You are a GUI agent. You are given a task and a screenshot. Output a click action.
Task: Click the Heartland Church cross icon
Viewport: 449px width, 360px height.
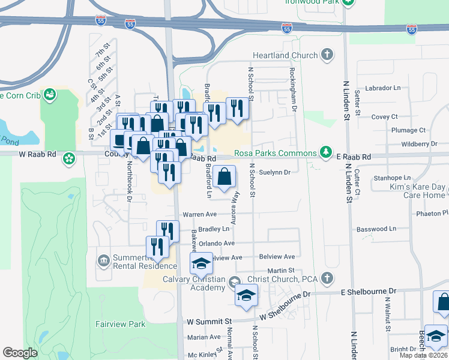[327, 56]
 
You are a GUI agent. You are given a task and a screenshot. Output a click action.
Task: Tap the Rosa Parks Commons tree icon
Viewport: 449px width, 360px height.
[325, 152]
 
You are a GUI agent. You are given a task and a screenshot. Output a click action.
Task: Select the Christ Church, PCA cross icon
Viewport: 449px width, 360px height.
[326, 278]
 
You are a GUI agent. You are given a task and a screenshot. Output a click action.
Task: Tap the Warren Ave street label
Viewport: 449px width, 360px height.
[199, 214]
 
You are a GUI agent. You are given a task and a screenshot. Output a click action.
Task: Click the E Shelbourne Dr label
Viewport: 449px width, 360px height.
[369, 292]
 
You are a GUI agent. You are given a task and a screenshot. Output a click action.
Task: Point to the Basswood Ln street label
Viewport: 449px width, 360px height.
[376, 229]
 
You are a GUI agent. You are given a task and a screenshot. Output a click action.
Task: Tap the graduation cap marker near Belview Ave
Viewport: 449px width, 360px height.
[202, 263]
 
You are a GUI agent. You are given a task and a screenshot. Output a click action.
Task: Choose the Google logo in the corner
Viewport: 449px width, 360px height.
[20, 353]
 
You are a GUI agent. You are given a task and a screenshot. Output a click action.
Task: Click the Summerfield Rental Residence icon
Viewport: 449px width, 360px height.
[103, 260]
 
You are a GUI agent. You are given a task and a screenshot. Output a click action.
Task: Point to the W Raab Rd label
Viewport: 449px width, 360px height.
[38, 155]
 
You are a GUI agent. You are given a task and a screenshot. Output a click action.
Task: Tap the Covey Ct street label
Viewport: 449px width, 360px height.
[385, 116]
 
